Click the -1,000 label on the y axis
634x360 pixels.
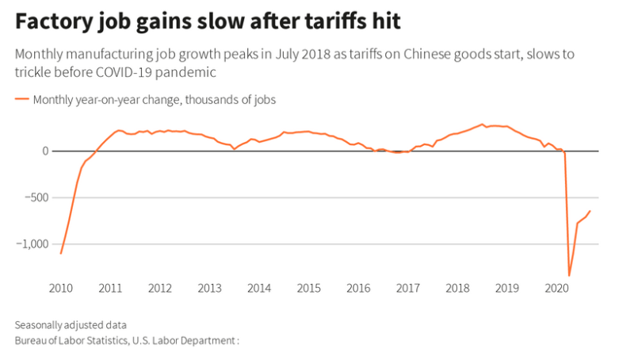pyautogui.click(x=32, y=244)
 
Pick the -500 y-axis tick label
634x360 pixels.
pyautogui.click(x=37, y=197)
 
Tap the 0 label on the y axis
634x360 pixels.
pyautogui.click(x=46, y=151)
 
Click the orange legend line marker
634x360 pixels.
pyautogui.click(x=22, y=100)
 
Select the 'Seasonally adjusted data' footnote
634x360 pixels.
pyautogui.click(x=71, y=325)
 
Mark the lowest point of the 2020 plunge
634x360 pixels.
pyautogui.click(x=569, y=276)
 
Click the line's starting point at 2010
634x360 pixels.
pyautogui.click(x=60, y=254)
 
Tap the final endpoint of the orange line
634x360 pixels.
pyautogui.click(x=590, y=211)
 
